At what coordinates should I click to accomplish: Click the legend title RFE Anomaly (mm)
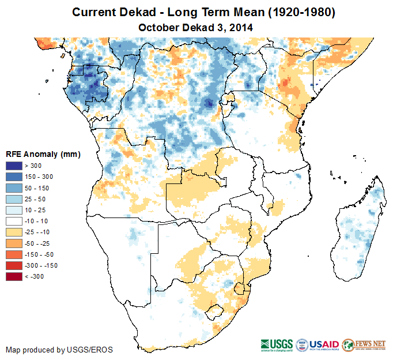coord(43,155)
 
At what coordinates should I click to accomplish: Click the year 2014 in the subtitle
coord(241,27)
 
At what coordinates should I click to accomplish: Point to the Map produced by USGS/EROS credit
coord(59,350)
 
